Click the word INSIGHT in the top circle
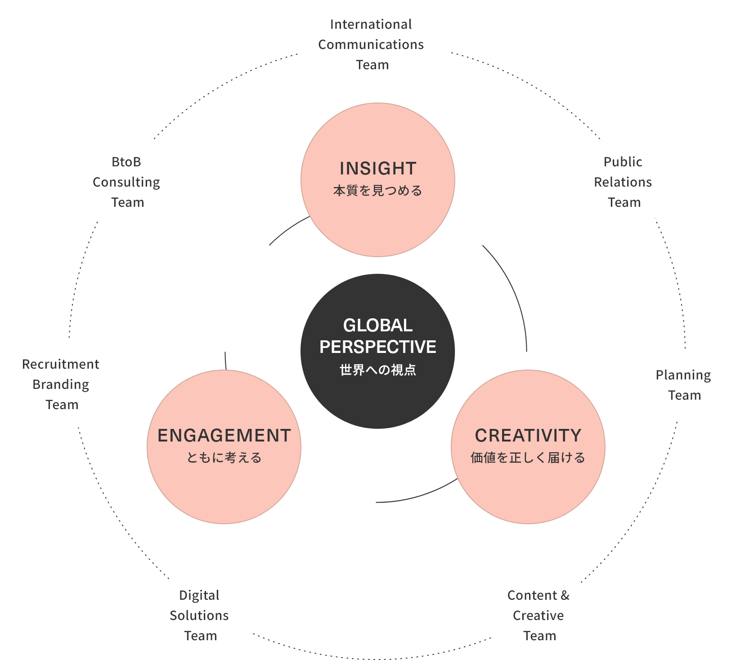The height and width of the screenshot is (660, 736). tap(378, 169)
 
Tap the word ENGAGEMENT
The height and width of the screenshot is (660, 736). tap(224, 436)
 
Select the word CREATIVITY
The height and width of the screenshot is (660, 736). tap(528, 436)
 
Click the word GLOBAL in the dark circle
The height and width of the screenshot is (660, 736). tap(378, 326)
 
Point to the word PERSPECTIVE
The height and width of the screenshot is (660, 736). tap(378, 347)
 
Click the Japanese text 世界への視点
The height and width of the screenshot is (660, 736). tap(378, 370)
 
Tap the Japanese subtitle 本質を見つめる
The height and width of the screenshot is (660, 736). tap(378, 191)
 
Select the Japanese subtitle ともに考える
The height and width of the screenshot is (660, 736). tap(224, 458)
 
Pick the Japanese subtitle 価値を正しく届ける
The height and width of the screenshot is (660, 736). tap(528, 458)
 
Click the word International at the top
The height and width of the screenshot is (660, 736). tap(371, 24)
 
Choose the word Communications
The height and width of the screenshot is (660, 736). tap(371, 45)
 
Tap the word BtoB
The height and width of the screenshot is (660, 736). tap(126, 162)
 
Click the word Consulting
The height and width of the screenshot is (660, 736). tap(126, 183)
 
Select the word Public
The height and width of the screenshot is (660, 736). tap(623, 162)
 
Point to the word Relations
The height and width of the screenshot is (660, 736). tap(623, 182)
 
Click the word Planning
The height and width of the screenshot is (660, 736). tap(683, 375)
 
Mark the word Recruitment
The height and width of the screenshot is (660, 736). tap(61, 364)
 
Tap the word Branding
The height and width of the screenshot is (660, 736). tap(61, 385)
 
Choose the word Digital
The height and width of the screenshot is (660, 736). tap(199, 596)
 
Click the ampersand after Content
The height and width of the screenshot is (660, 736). tap(565, 595)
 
